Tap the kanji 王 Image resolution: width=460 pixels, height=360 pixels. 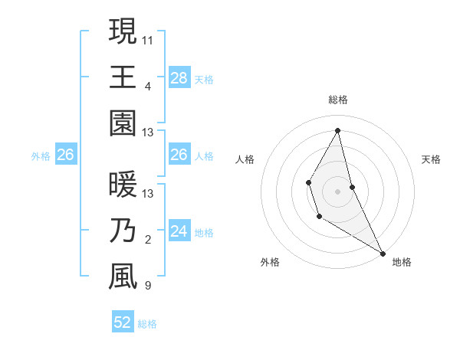[123, 77]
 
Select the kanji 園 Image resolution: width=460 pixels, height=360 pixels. [123, 124]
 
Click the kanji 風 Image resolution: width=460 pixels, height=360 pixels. [123, 278]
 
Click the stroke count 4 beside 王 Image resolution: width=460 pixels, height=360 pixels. [148, 85]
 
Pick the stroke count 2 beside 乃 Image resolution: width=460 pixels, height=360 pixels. [148, 240]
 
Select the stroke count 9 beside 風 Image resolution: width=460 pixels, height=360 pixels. [148, 286]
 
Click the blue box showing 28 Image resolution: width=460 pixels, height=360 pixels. [179, 77]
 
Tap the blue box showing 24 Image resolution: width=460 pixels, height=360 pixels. [179, 231]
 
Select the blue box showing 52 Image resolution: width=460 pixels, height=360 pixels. [123, 322]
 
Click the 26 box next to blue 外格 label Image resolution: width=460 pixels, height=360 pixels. [66, 155]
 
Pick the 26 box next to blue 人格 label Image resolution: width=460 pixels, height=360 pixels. [179, 155]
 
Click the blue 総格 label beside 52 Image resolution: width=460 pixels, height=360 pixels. [148, 324]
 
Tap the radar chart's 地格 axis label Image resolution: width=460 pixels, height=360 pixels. [402, 262]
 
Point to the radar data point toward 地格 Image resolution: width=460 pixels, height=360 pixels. [383, 254]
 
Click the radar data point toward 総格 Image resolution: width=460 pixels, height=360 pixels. [338, 129]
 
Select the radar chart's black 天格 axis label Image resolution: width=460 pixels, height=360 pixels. [432, 159]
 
